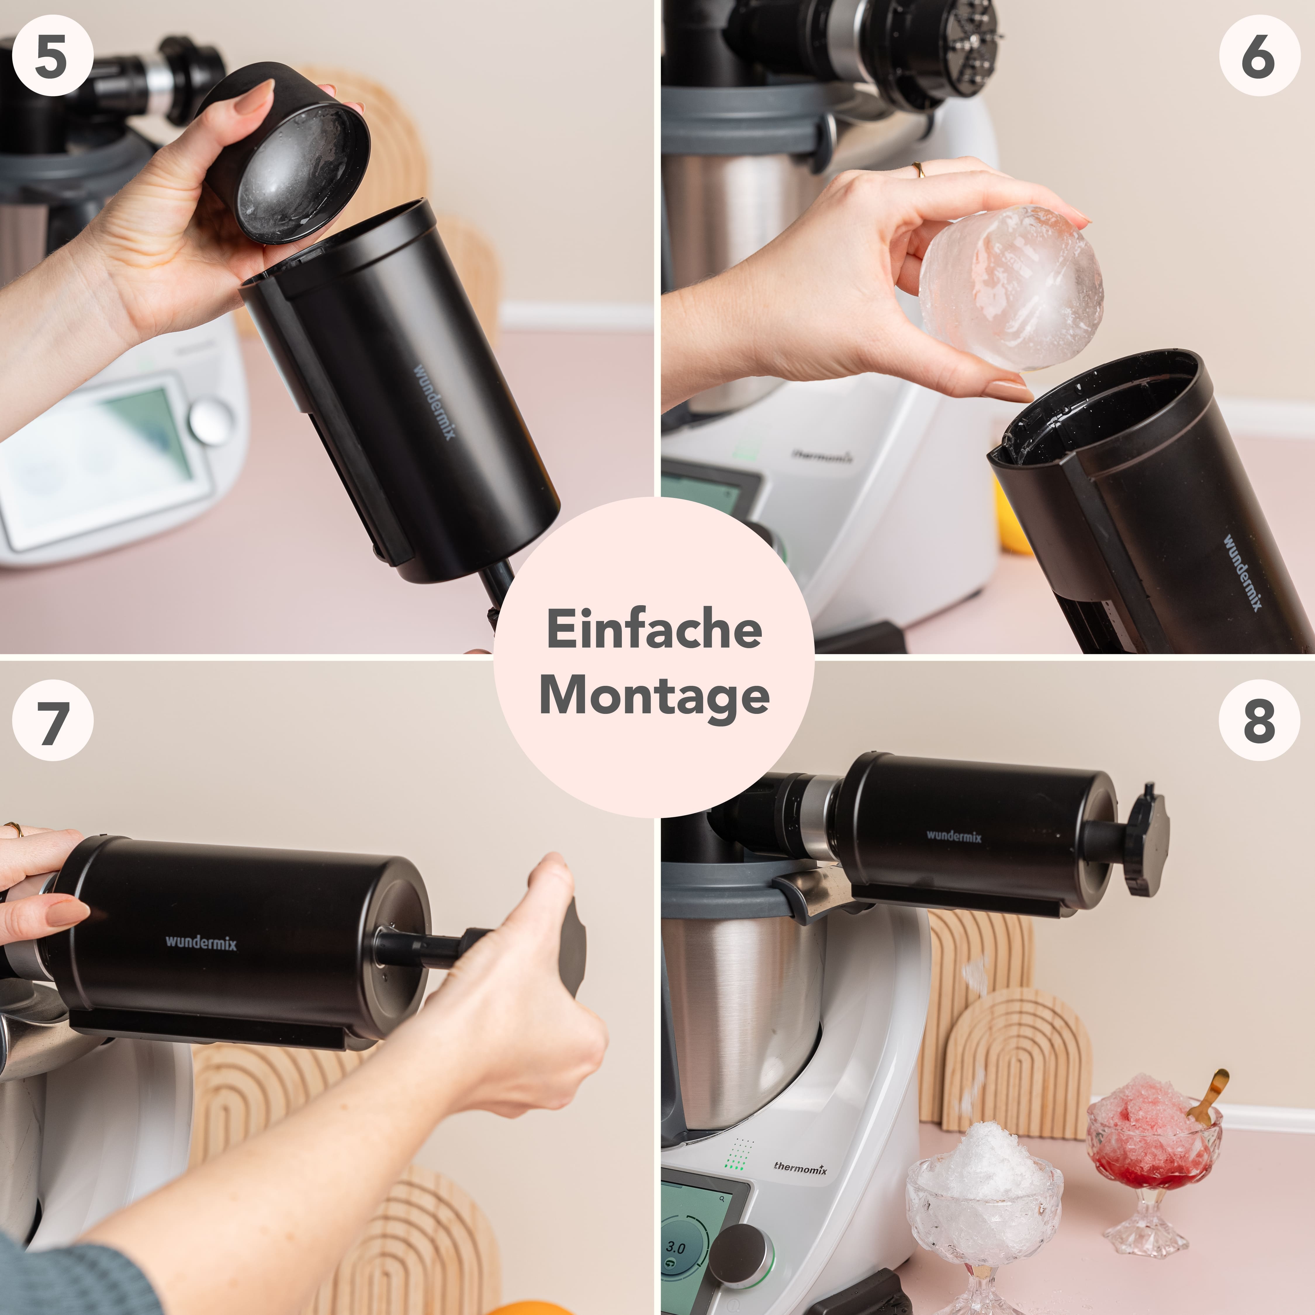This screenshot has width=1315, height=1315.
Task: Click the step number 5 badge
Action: coord(52,56)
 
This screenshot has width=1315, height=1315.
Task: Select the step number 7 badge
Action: coord(52,721)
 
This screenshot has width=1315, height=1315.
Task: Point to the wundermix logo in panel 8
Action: coord(954,836)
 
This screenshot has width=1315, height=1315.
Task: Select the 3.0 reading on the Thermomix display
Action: coord(675,1247)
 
